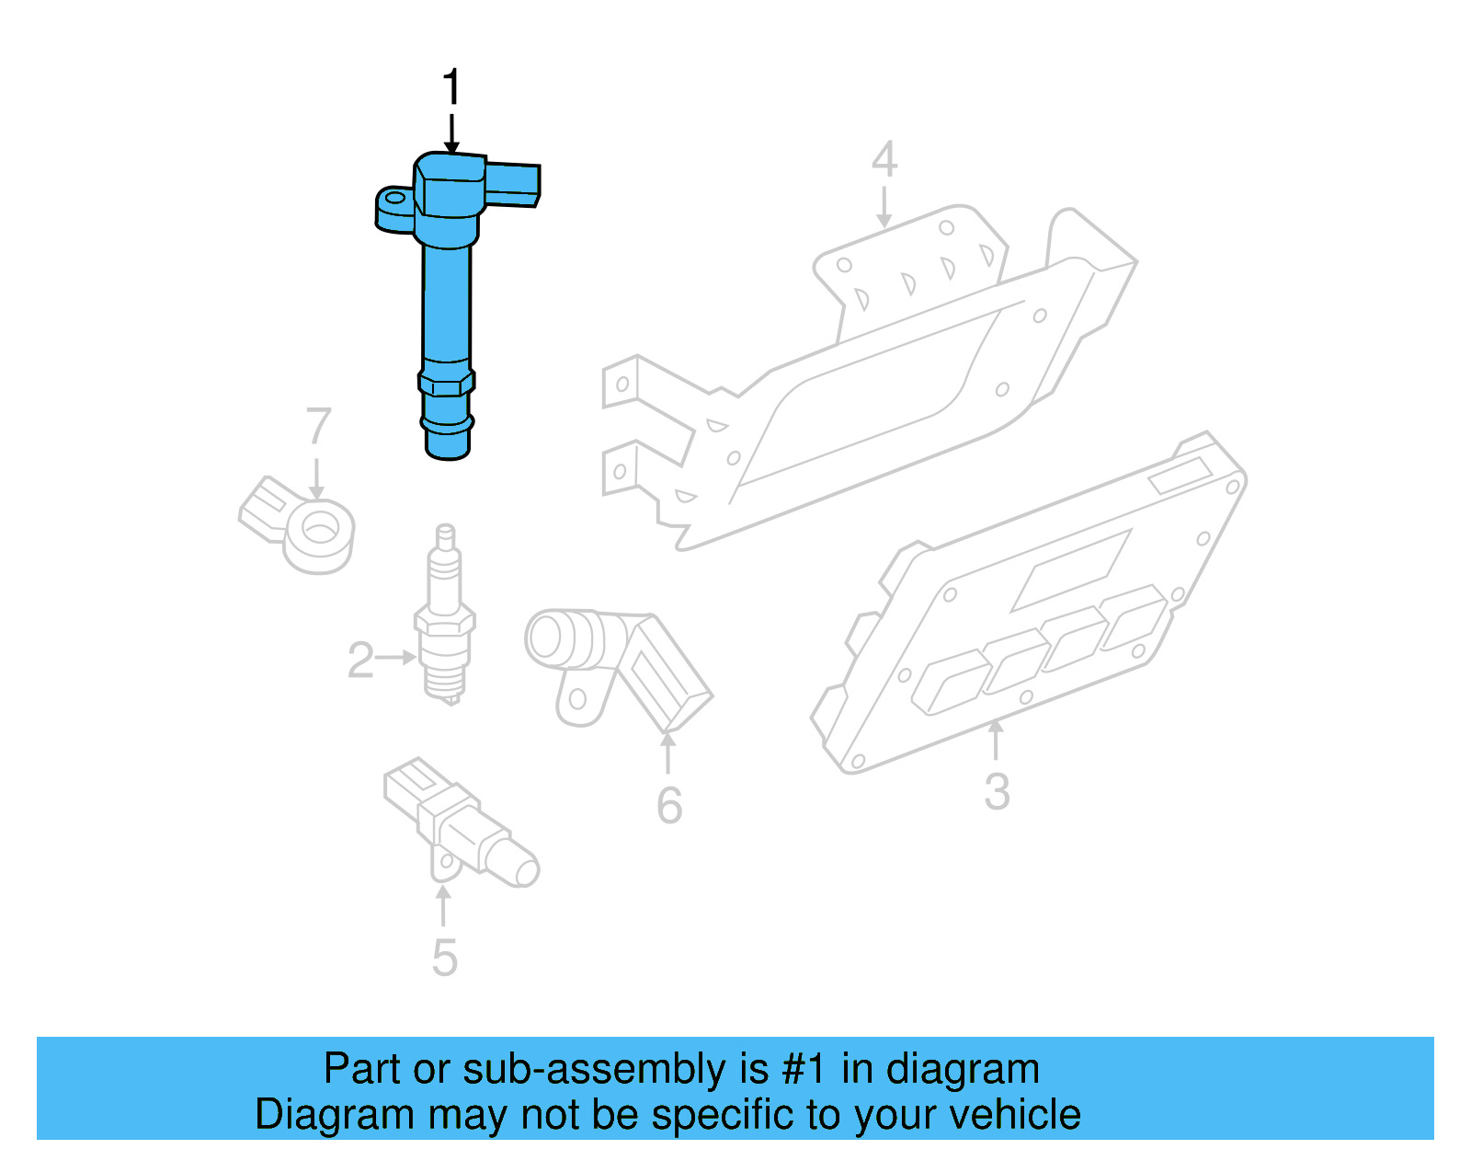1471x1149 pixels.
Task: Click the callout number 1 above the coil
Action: pyautogui.click(x=450, y=88)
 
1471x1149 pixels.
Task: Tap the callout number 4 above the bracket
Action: pyautogui.click(x=884, y=160)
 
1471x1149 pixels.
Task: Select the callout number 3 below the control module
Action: pyautogui.click(x=997, y=791)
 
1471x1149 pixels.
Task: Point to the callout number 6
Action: pyautogui.click(x=669, y=806)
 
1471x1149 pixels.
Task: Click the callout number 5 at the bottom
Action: pyautogui.click(x=444, y=958)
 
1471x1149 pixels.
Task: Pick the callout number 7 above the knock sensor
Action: pyautogui.click(x=318, y=427)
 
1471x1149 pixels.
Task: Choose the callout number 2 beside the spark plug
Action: pyautogui.click(x=359, y=661)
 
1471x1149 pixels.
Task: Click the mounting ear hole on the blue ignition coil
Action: pyautogui.click(x=396, y=198)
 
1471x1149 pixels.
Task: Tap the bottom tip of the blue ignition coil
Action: pyautogui.click(x=448, y=448)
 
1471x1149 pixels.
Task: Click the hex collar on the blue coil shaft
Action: pyautogui.click(x=447, y=381)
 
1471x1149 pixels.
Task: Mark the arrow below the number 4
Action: pyautogui.click(x=884, y=207)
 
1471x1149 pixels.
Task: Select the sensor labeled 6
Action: pyautogui.click(x=616, y=662)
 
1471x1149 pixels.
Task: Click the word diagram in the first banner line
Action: pyautogui.click(x=963, y=1069)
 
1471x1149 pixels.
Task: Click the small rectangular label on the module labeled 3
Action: pyautogui.click(x=1180, y=477)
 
